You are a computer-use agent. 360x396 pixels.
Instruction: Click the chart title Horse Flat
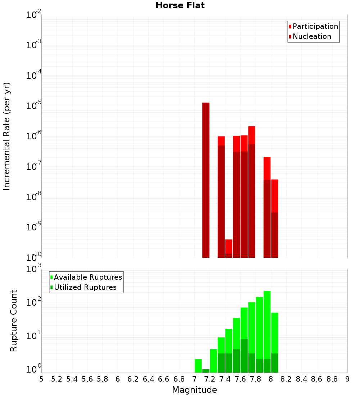click(x=180, y=5)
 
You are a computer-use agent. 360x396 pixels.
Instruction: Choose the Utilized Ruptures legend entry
click(x=85, y=287)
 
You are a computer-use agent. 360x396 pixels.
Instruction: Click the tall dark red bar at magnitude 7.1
click(x=206, y=180)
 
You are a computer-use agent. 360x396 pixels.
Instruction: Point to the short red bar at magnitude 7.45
click(x=229, y=246)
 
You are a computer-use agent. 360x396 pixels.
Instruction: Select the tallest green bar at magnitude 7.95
click(x=267, y=324)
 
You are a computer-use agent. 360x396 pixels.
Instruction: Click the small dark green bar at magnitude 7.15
click(x=206, y=371)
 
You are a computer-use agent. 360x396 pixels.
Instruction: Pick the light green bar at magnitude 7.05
click(x=198, y=366)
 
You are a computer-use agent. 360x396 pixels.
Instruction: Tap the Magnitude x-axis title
click(x=194, y=390)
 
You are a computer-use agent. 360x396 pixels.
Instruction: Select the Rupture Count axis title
click(x=14, y=321)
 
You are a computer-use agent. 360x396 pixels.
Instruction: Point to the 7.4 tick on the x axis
click(x=225, y=379)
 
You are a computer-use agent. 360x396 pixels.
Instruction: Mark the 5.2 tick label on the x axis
click(x=57, y=379)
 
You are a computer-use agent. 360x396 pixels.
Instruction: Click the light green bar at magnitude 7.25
click(x=213, y=361)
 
